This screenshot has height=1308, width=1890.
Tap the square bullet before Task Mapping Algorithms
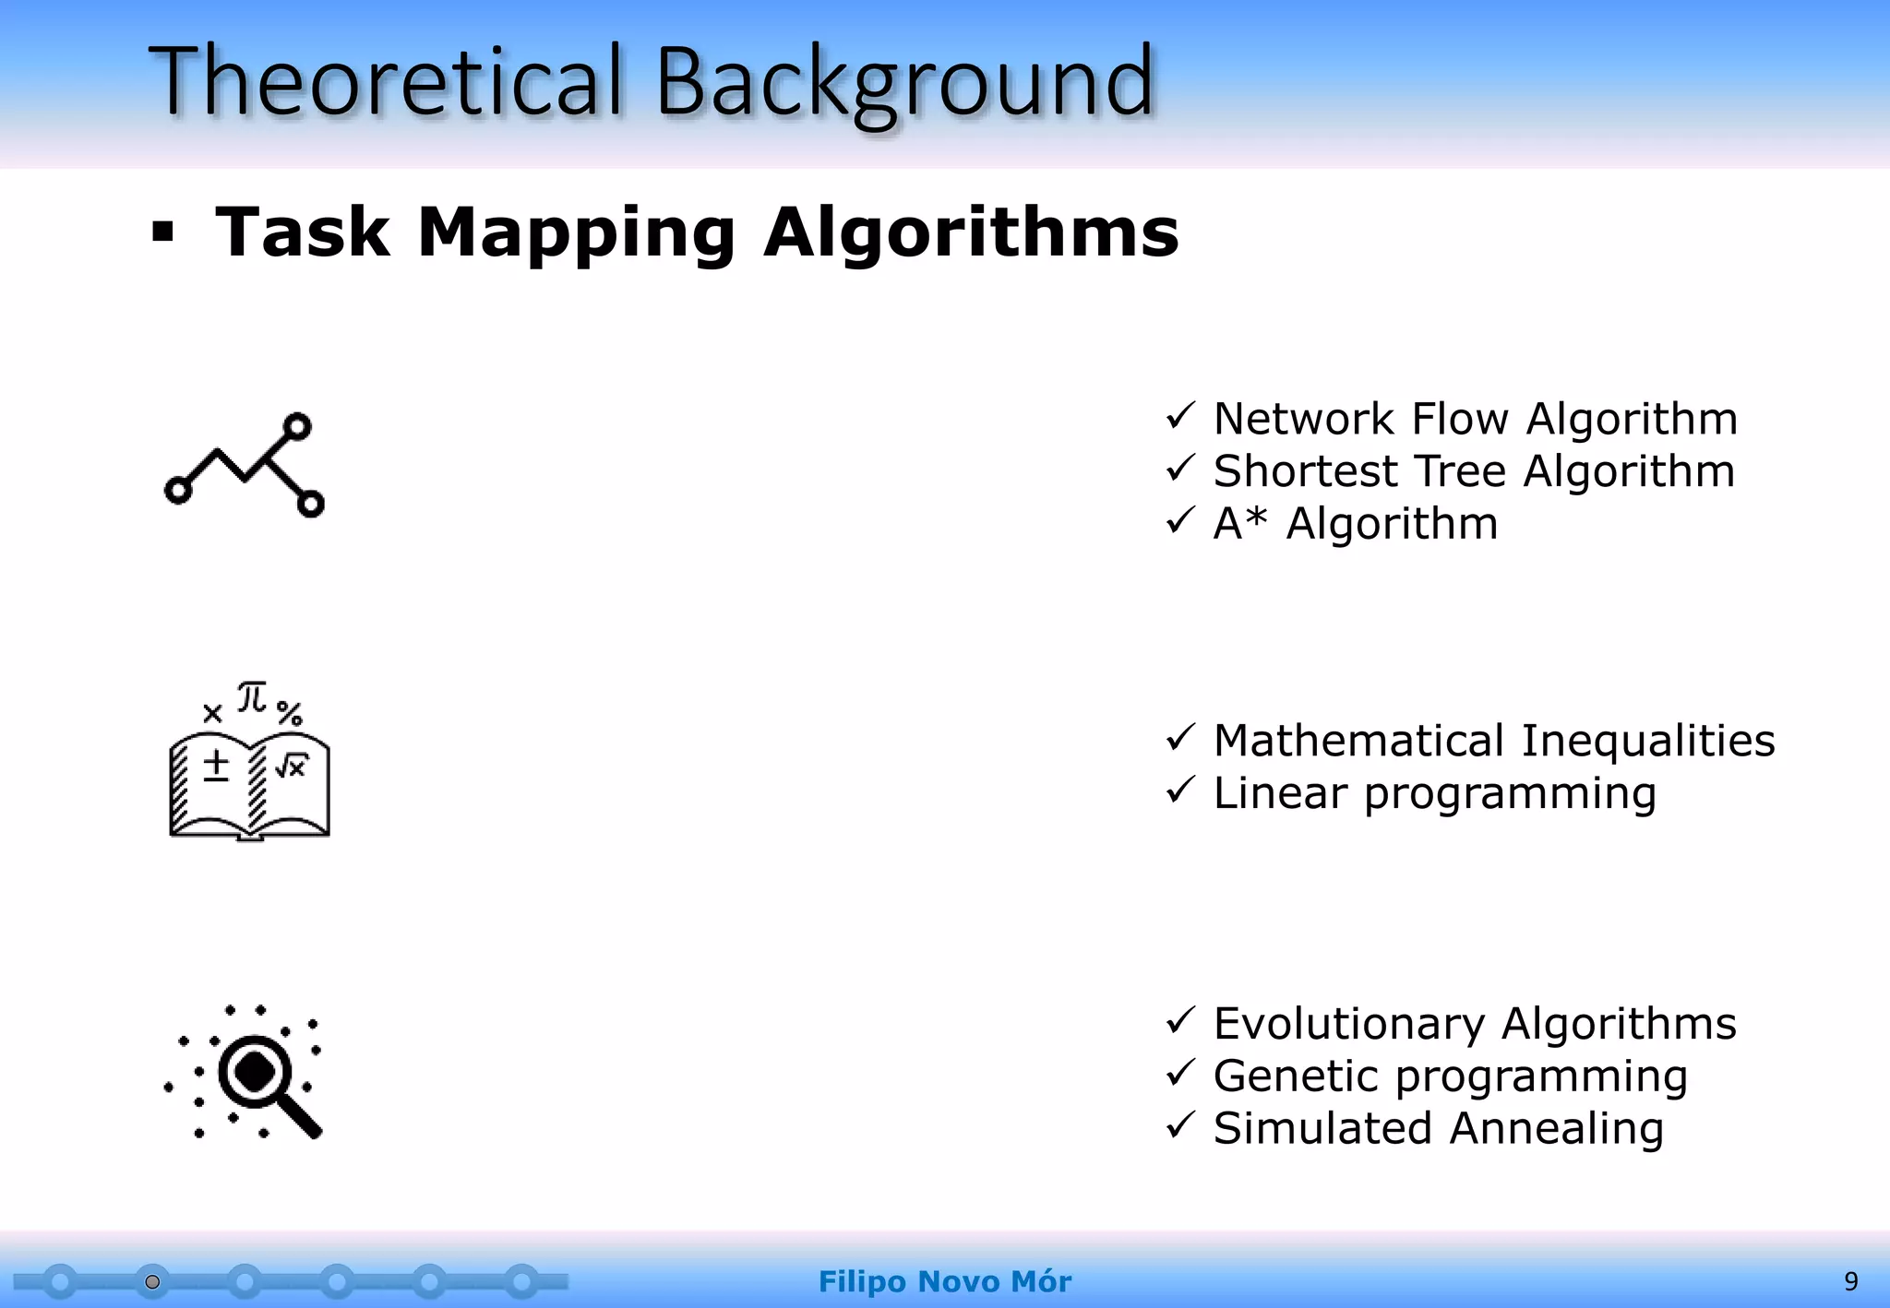click(x=163, y=232)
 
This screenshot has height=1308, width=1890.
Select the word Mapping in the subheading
click(x=576, y=234)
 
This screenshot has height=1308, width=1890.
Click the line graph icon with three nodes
click(x=245, y=465)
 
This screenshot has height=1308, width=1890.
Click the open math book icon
click(x=249, y=784)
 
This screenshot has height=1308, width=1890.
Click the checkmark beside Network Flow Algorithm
click(x=1180, y=417)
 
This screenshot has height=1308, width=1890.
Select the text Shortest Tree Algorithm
click(x=1474, y=471)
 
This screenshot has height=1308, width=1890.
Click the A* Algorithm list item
click(x=1355, y=524)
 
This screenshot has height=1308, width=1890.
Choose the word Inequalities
click(x=1647, y=741)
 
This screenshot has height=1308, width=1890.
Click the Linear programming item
click(x=1434, y=793)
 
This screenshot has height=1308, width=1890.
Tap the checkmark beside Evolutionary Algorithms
click(x=1180, y=1021)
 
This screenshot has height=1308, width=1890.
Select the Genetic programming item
click(x=1450, y=1076)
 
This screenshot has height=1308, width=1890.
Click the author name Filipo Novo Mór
click(x=944, y=1281)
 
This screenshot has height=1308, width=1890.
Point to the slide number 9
click(x=1850, y=1281)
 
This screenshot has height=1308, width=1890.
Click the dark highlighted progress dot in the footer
click(x=152, y=1281)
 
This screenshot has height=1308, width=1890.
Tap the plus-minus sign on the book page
click(x=216, y=766)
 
